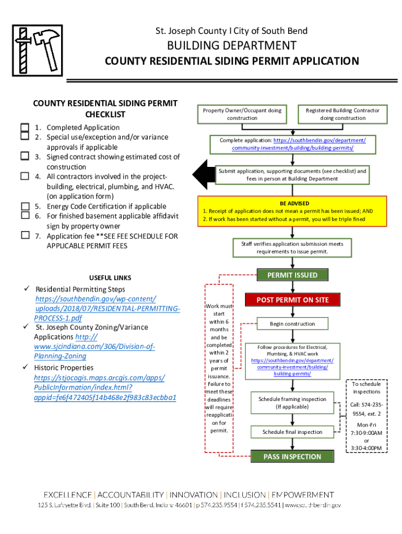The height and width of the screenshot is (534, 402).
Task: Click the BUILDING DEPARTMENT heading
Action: coord(232,45)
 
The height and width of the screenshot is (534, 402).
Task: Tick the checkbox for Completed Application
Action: coord(25,127)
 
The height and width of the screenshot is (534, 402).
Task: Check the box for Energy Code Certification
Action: coord(25,206)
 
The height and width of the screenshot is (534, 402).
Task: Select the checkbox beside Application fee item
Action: coord(25,235)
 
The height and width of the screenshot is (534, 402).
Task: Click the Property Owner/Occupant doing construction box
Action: coord(242,114)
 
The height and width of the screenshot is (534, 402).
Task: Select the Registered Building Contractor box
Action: coord(342,114)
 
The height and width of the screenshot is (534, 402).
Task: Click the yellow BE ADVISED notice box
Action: coord(292,211)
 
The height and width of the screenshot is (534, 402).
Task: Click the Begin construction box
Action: coord(292,324)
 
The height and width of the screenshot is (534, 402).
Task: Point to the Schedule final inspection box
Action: coord(292,432)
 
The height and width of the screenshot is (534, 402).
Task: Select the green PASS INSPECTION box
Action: coord(292,456)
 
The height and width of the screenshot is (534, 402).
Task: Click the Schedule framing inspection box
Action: coord(292,403)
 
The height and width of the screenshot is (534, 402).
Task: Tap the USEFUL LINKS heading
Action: coord(110,278)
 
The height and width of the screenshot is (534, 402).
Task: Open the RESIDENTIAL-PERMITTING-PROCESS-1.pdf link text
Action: coord(107,313)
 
